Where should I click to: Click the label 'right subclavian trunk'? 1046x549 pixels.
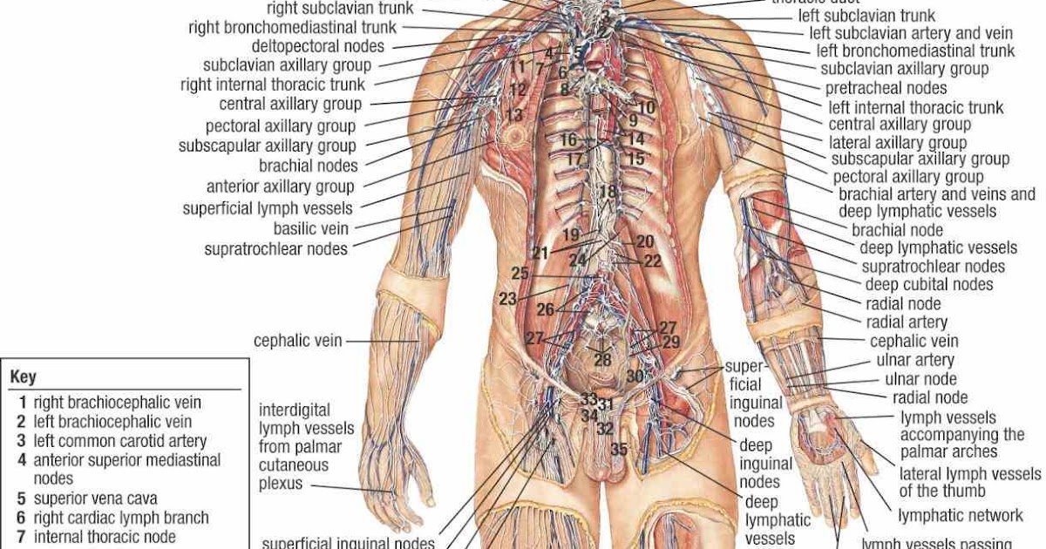pos(340,9)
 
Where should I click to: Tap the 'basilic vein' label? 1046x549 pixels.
pos(311,228)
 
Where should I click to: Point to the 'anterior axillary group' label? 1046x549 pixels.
pos(280,186)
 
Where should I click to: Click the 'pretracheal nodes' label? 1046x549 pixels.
pos(886,88)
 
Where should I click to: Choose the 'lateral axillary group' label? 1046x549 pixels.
pos(897,142)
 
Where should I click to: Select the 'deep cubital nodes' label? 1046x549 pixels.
pos(928,285)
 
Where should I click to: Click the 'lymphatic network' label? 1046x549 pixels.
pos(961,516)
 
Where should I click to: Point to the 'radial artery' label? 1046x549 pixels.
pos(907,322)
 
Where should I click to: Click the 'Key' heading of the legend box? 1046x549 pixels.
pos(23,377)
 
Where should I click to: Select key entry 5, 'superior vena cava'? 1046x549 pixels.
pos(95,498)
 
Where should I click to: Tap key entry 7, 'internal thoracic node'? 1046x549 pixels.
pos(105,537)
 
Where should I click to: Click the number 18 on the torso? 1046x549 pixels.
pos(608,192)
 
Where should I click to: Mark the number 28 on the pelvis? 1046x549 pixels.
pos(602,359)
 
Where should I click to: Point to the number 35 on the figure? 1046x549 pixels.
pos(619,450)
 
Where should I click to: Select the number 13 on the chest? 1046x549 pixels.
pos(513,115)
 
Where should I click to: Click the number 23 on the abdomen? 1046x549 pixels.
pos(508,299)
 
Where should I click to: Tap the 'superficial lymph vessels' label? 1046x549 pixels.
pos(268,208)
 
